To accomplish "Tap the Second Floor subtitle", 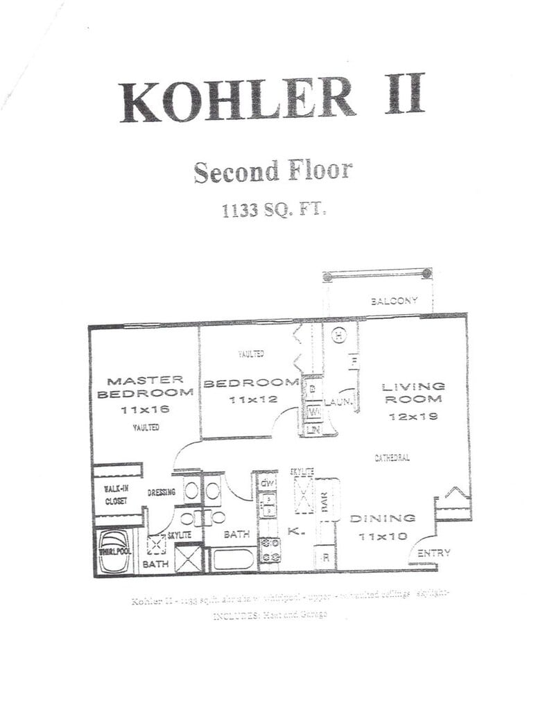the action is click(x=272, y=171).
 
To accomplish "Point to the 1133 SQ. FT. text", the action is click(x=273, y=209).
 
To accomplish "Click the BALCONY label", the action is click(x=394, y=301).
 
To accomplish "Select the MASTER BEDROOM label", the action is click(x=145, y=386).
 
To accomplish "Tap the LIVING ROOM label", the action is click(x=414, y=392).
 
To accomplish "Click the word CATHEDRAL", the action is click(x=392, y=458).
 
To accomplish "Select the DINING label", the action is click(x=382, y=518).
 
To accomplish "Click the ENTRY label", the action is click(x=434, y=553).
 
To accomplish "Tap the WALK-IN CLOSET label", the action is click(x=116, y=494).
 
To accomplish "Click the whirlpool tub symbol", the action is click(x=114, y=551).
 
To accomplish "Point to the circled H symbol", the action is click(x=338, y=336).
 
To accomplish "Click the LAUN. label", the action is click(x=339, y=402).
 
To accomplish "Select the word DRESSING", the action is click(x=161, y=492).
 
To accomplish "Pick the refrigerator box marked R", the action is click(x=325, y=557).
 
